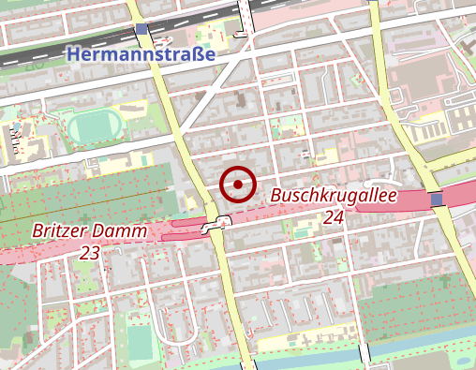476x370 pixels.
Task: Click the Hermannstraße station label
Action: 141,55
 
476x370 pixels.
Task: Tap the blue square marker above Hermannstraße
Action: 141,31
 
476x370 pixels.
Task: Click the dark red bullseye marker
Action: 238,185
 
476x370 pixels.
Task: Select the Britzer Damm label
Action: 89,230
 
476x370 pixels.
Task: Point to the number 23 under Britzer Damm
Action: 90,253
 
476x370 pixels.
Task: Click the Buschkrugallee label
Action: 335,197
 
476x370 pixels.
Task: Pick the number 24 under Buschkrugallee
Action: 335,218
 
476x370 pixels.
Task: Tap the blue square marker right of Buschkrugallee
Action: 437,199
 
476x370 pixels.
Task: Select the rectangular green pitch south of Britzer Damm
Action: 140,341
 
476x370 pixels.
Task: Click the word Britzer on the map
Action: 60,230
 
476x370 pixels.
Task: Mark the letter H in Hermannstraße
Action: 74,55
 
